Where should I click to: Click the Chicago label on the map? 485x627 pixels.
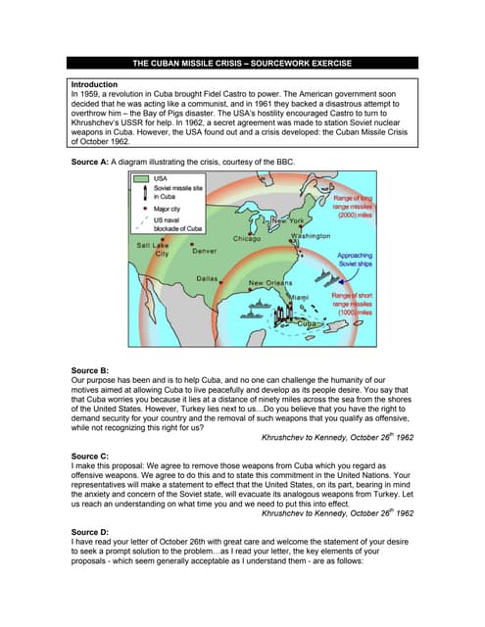click(x=246, y=238)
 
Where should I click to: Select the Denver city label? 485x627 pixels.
click(x=205, y=251)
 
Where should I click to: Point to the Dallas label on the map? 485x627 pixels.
click(x=207, y=278)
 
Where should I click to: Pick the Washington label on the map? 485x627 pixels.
click(x=312, y=236)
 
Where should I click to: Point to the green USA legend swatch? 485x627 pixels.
click(x=143, y=179)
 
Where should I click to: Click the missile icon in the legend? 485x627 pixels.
click(x=143, y=193)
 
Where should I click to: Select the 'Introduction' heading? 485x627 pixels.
click(x=96, y=85)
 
